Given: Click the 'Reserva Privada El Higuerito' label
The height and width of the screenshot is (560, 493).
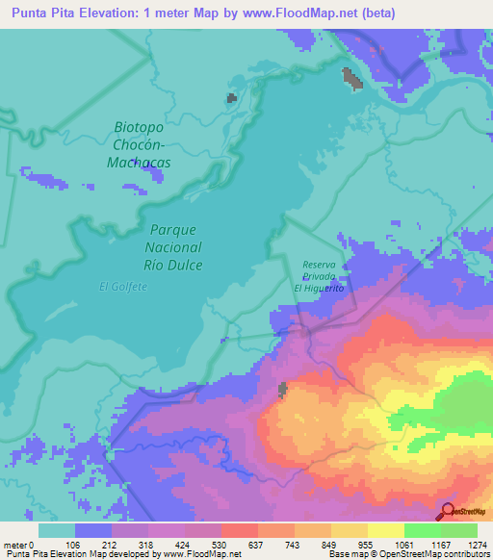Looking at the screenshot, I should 318,275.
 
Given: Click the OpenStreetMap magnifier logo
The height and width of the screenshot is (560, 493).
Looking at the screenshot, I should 449,512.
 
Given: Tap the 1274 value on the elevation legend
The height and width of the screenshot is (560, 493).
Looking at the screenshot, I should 477,545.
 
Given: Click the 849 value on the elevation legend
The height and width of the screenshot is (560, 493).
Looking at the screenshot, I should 330,545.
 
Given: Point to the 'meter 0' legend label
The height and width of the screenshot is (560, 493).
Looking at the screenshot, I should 19,545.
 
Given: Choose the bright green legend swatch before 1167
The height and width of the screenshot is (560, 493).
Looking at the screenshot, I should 422,530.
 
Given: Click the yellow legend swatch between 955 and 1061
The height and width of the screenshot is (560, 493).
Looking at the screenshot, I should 385,530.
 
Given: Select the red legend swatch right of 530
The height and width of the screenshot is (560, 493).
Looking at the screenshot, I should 239,530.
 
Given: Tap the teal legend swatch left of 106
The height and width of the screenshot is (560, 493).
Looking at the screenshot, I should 57,530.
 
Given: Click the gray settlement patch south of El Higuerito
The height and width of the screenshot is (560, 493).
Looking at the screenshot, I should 283,390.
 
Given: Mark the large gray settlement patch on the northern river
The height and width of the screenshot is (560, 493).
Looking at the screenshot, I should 352,78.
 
